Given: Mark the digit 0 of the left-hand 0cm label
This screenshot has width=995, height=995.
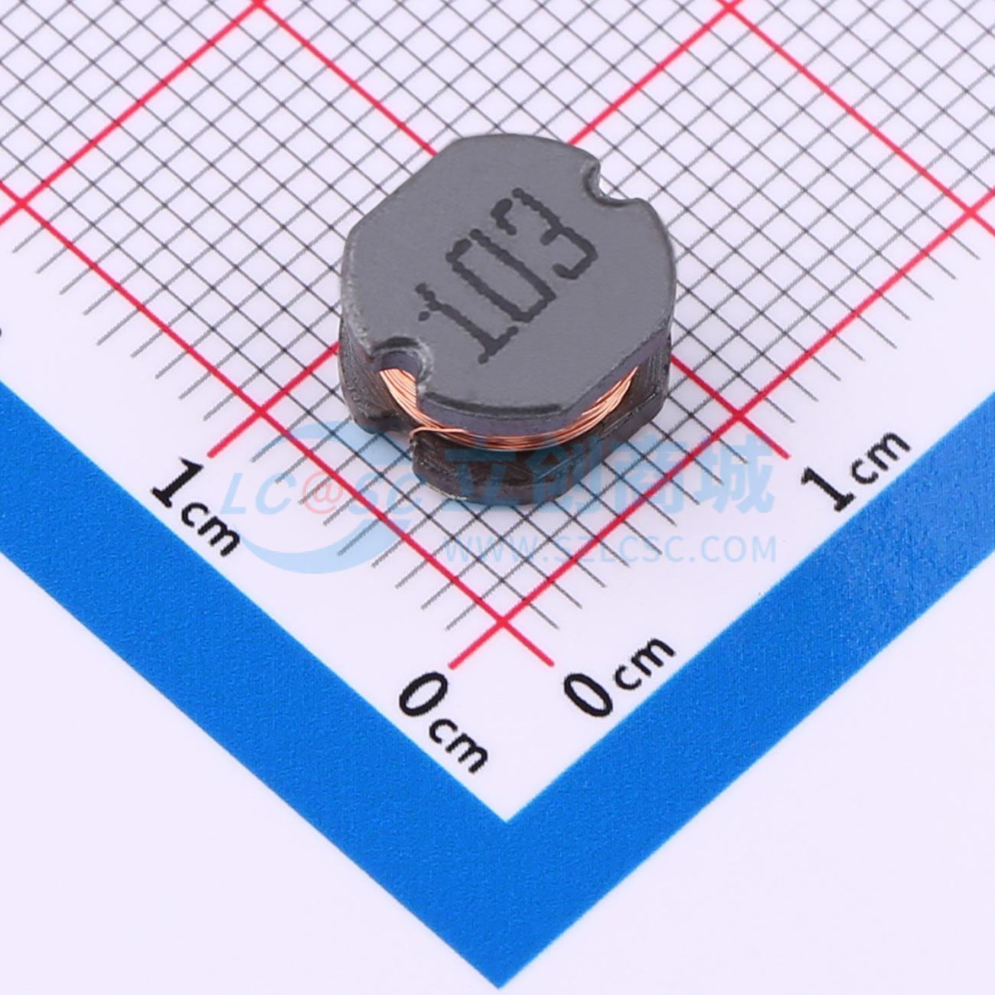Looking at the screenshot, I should click(x=422, y=693).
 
